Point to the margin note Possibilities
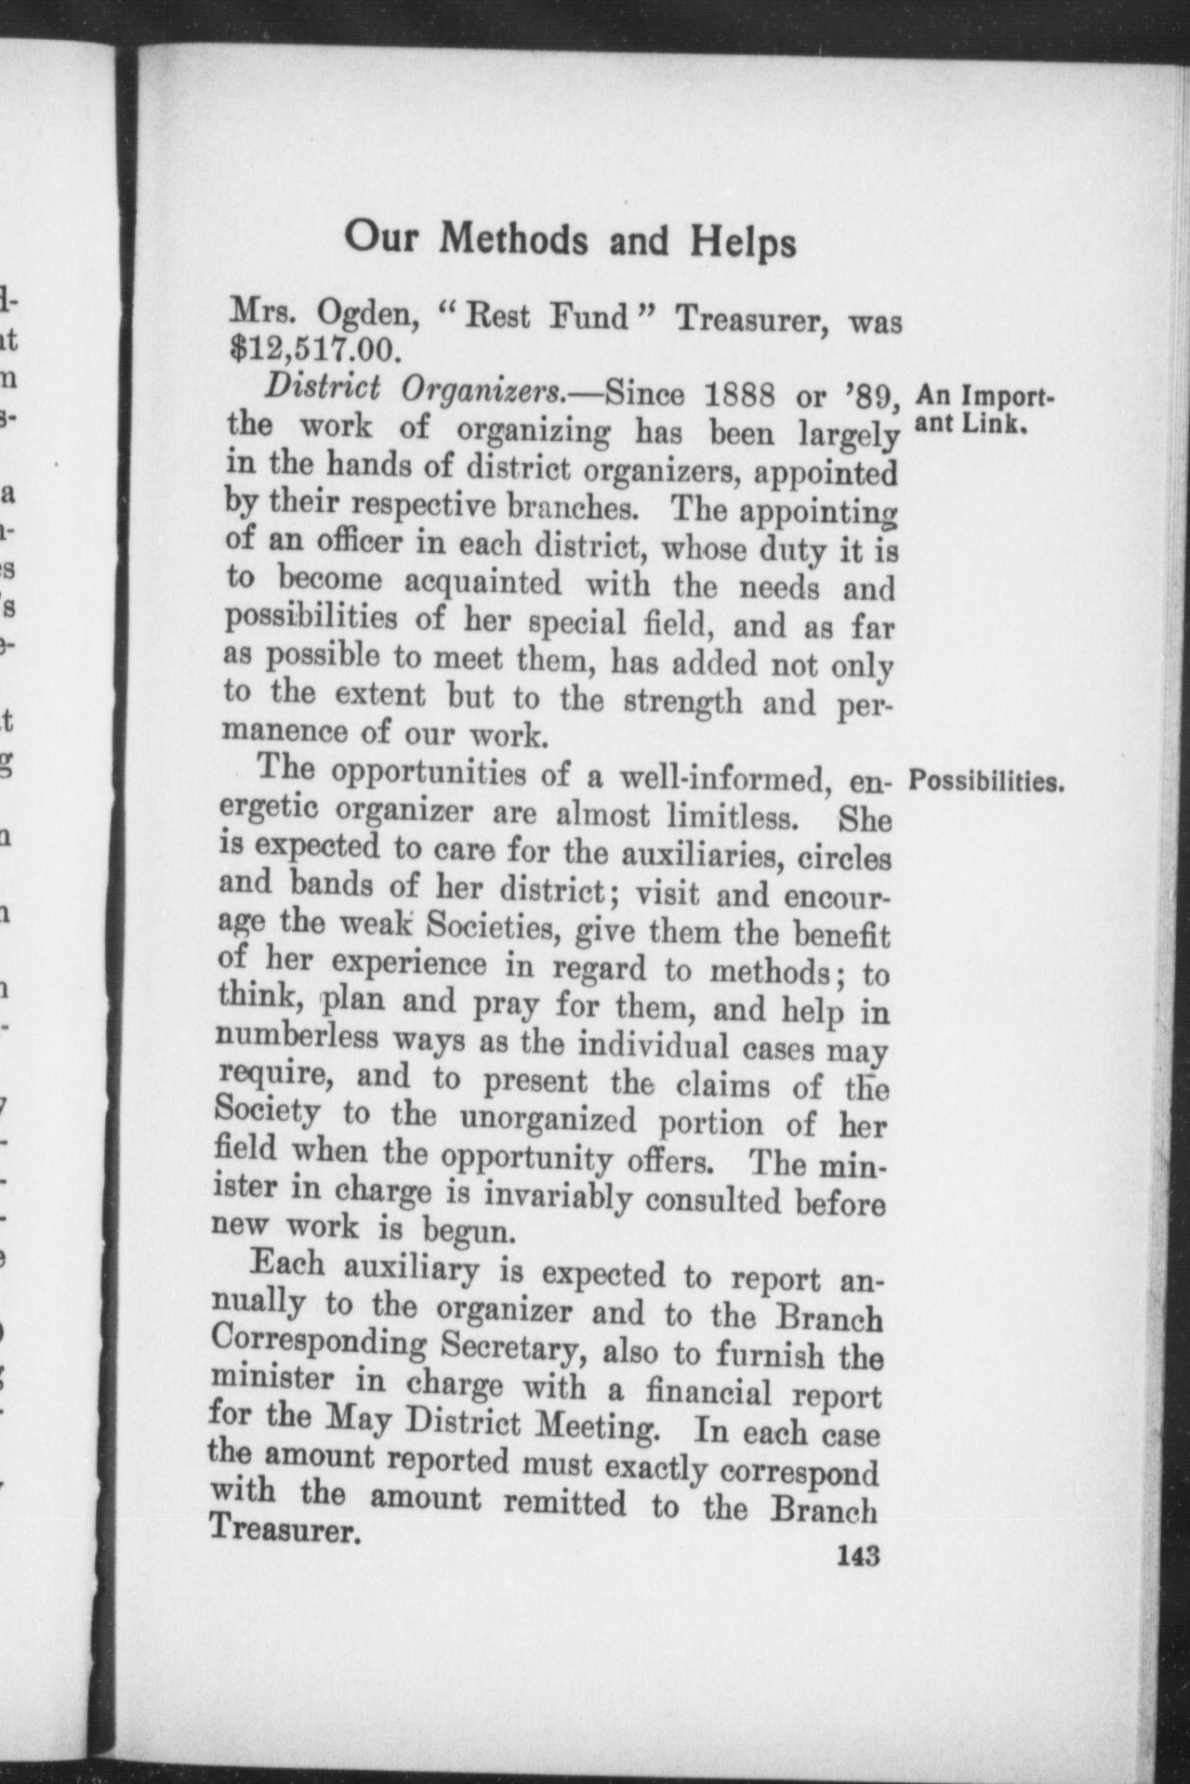[x=985, y=781]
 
